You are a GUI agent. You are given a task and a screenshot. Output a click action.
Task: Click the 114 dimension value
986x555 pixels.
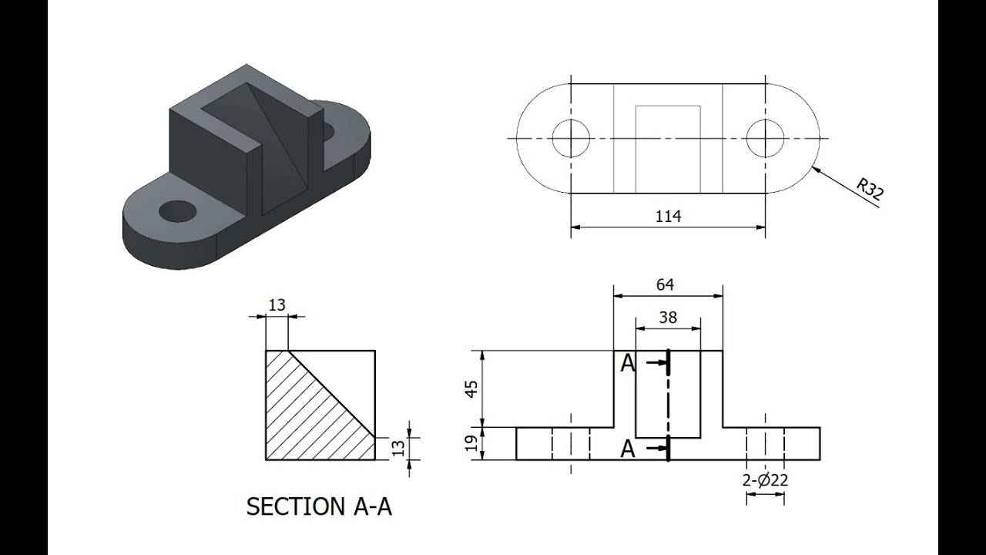(668, 217)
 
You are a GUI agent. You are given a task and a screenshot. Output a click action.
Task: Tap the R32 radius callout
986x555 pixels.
(870, 190)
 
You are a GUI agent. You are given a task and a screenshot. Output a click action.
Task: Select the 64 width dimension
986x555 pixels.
(665, 285)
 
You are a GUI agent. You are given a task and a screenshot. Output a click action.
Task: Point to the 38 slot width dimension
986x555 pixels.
(668, 317)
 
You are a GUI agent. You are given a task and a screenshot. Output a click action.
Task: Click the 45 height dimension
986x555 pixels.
(471, 389)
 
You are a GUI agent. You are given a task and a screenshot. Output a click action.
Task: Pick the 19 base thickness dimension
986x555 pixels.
(471, 443)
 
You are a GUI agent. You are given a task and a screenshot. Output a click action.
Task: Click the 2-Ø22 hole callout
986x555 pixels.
(765, 480)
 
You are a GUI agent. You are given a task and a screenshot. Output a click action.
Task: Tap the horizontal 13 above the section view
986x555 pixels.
(277, 304)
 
